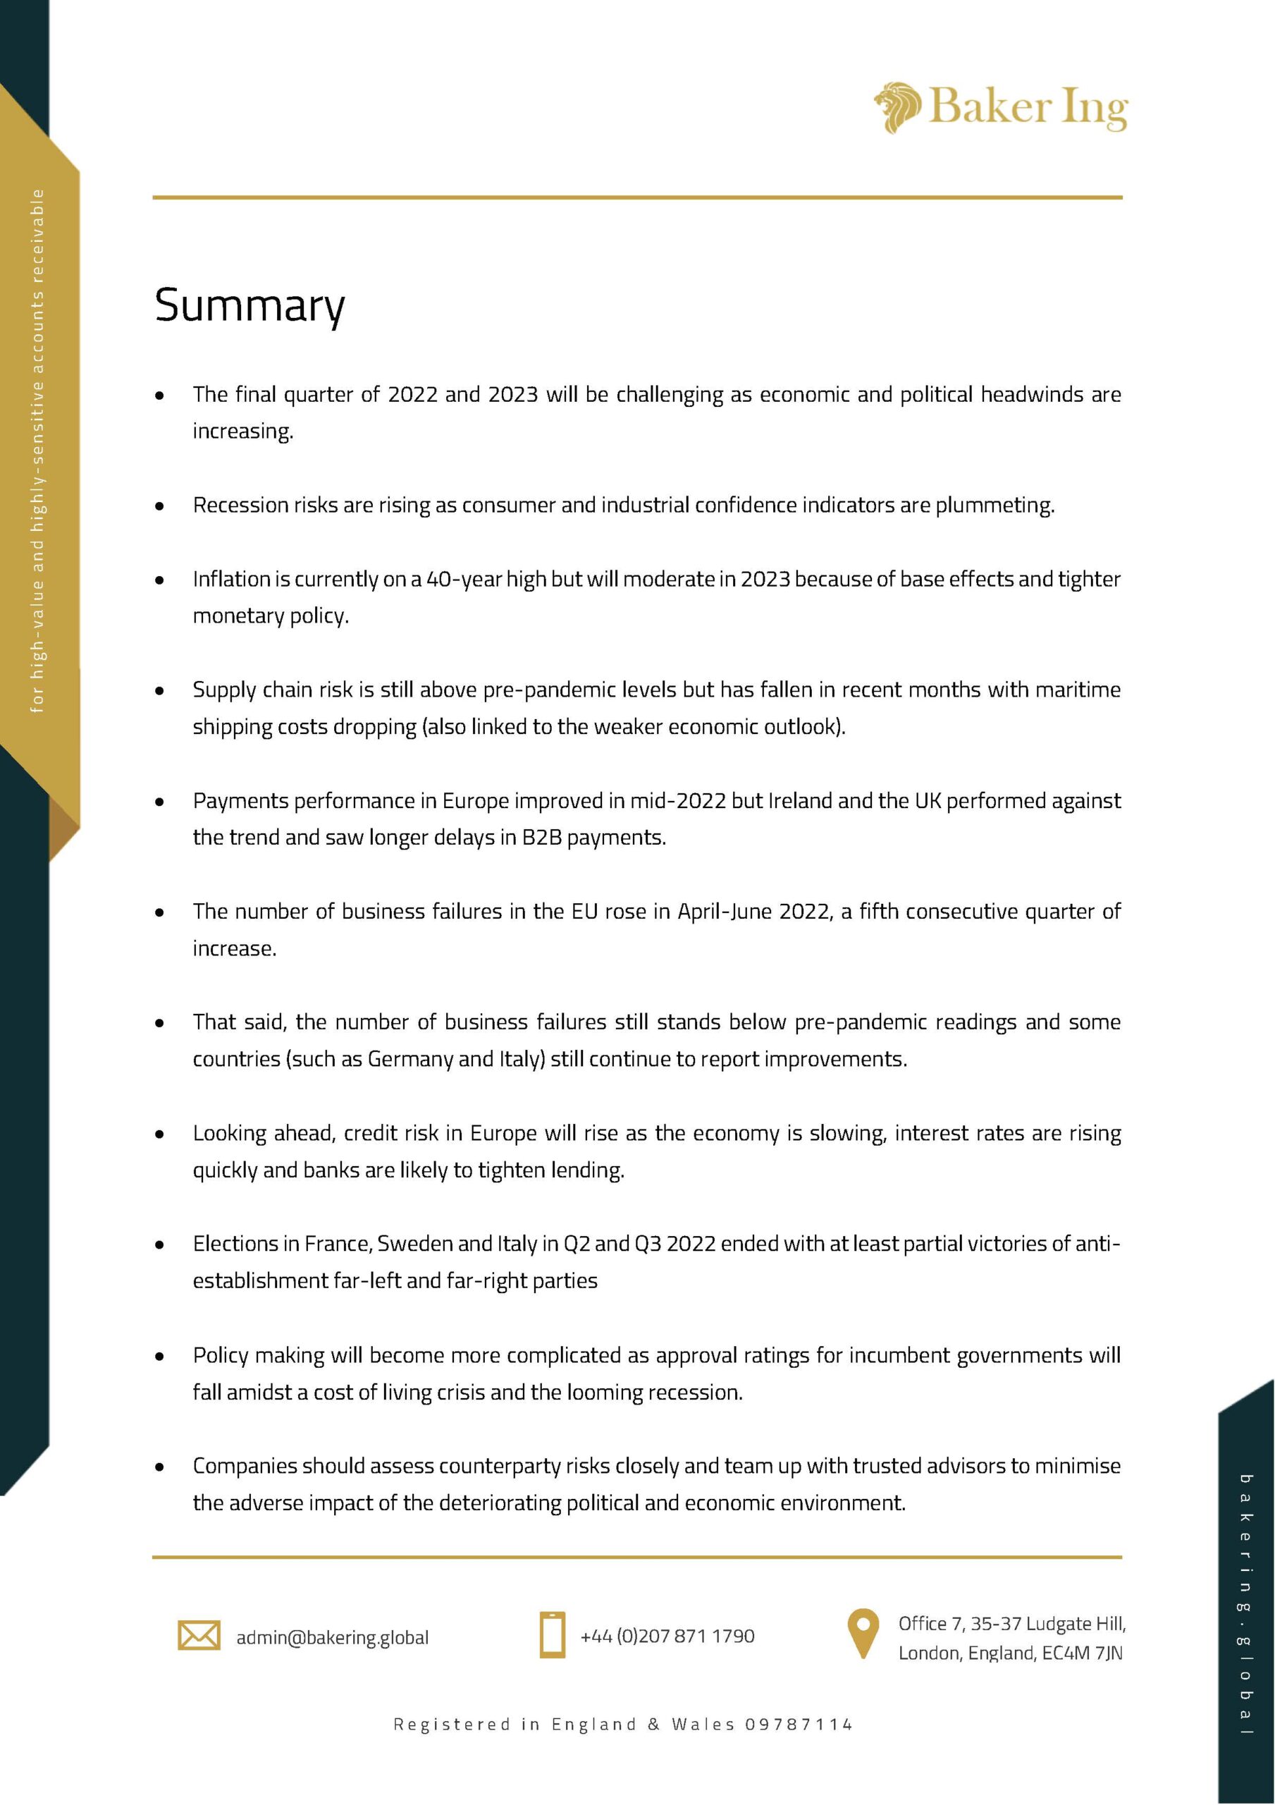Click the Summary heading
(x=250, y=306)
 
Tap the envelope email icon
(x=199, y=1635)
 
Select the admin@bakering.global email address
(x=333, y=1638)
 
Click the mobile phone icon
(x=552, y=1635)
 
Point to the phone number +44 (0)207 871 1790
(x=667, y=1636)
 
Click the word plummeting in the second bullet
(x=994, y=506)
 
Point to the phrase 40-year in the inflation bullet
(x=463, y=580)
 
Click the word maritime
(x=1078, y=690)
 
